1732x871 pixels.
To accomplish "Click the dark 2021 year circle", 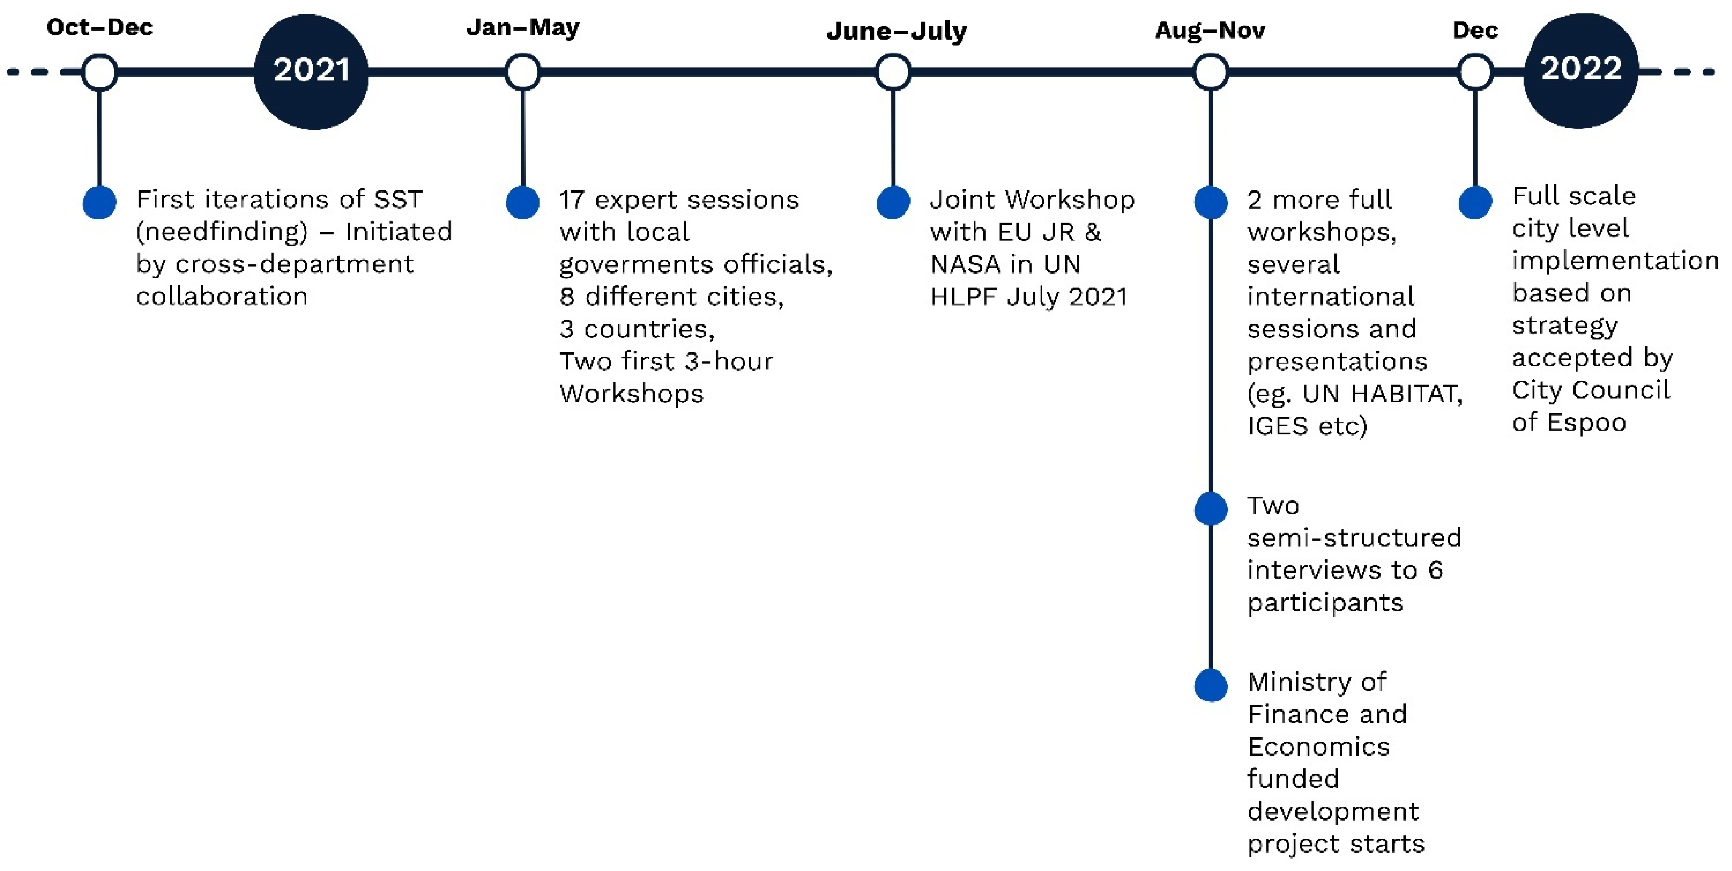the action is click(x=311, y=71).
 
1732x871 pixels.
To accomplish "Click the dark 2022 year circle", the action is click(x=1581, y=70).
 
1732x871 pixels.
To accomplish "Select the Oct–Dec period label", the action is click(x=100, y=27).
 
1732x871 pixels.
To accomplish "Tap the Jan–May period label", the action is click(x=522, y=28).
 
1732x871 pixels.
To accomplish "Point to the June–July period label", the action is click(x=896, y=31).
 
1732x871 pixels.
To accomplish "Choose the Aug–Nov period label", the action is click(x=1210, y=30).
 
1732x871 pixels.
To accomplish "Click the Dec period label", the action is click(x=1475, y=30).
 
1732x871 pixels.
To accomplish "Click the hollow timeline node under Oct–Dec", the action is click(x=100, y=72).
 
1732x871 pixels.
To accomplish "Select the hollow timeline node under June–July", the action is click(x=893, y=72).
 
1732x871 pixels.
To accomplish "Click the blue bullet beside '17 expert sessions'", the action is click(x=522, y=202).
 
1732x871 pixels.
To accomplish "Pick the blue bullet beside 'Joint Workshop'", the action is click(x=893, y=202).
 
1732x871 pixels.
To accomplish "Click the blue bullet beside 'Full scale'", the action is click(x=1475, y=202).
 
